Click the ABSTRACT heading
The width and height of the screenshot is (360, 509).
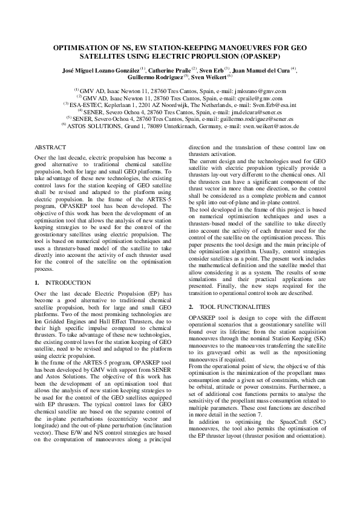click(50, 148)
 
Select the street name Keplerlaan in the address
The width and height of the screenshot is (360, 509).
click(117, 104)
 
